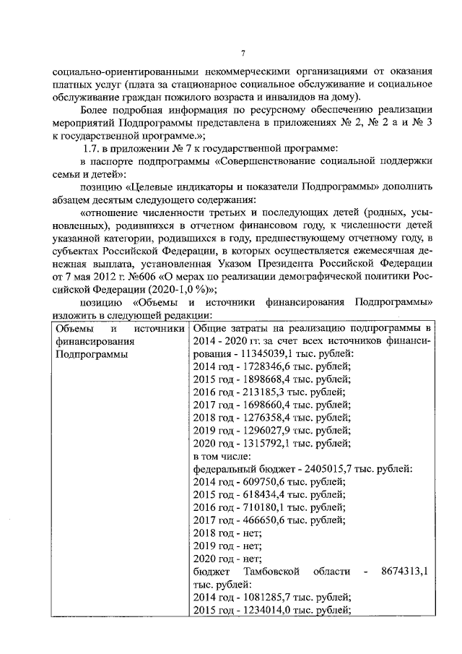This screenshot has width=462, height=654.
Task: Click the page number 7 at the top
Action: pos(243,53)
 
